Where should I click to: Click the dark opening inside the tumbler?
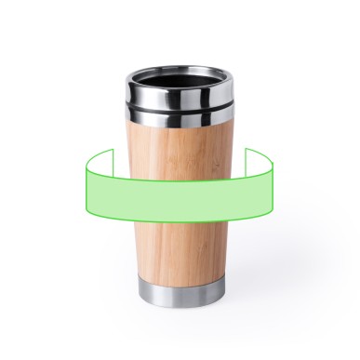pyautogui.click(x=176, y=74)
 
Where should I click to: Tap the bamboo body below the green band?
pyautogui.click(x=176, y=247)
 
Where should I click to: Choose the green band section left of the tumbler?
pyautogui.click(x=107, y=191)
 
